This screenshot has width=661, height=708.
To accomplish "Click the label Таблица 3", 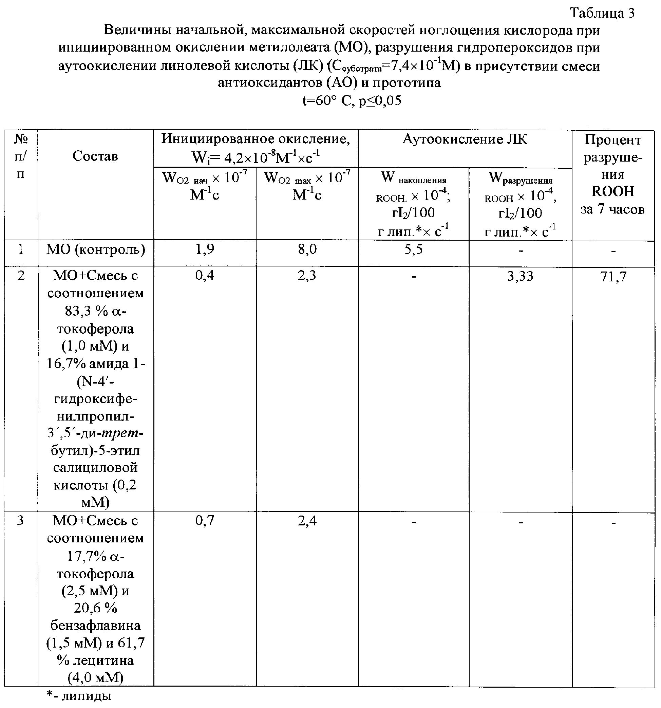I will pos(602,13).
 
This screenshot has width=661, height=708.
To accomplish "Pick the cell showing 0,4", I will pos(205,275).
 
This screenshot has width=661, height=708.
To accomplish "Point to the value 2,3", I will pos(307,275).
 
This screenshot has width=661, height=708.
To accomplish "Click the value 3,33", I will pos(520,276).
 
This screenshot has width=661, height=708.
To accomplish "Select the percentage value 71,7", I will pos(613,276).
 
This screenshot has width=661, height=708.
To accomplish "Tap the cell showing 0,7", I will pos(205,521).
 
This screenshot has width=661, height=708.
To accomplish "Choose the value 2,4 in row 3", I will pos(307,521).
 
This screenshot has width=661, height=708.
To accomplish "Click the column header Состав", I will pos(95,156).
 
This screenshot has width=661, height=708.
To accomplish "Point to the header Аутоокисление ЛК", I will pos(465,139).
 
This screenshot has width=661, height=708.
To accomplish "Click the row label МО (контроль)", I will pos(96,250).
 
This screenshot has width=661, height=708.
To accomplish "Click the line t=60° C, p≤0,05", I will pos(352,101).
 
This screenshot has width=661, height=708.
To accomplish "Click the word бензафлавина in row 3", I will pos(95,626).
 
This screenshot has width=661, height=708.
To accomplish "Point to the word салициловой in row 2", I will pos(95,468).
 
